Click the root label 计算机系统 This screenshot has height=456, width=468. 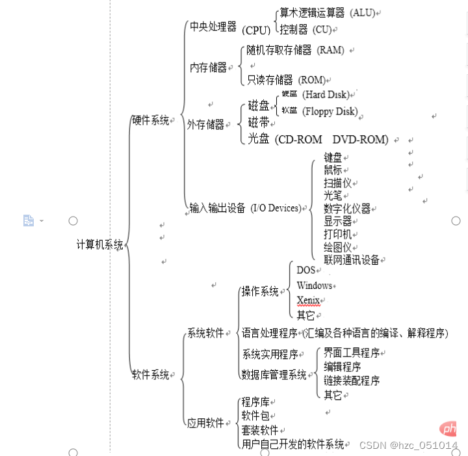click(99, 245)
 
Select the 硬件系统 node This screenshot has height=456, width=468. click(150, 120)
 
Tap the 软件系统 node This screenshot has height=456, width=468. click(150, 375)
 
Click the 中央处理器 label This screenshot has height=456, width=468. click(213, 27)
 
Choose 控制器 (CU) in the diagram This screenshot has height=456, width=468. click(305, 29)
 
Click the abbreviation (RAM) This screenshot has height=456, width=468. click(330, 50)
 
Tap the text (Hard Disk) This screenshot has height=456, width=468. click(328, 95)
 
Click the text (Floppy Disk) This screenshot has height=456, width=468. click(330, 111)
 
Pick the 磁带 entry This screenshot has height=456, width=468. click(259, 122)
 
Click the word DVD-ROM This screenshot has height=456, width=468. click(360, 139)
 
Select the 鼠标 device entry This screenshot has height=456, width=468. click(333, 170)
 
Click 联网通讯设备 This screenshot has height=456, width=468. click(351, 260)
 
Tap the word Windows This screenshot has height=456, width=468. click(314, 286)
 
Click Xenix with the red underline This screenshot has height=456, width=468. click(308, 300)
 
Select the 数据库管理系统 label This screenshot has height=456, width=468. click(274, 375)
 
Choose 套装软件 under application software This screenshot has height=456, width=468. click(259, 431)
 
